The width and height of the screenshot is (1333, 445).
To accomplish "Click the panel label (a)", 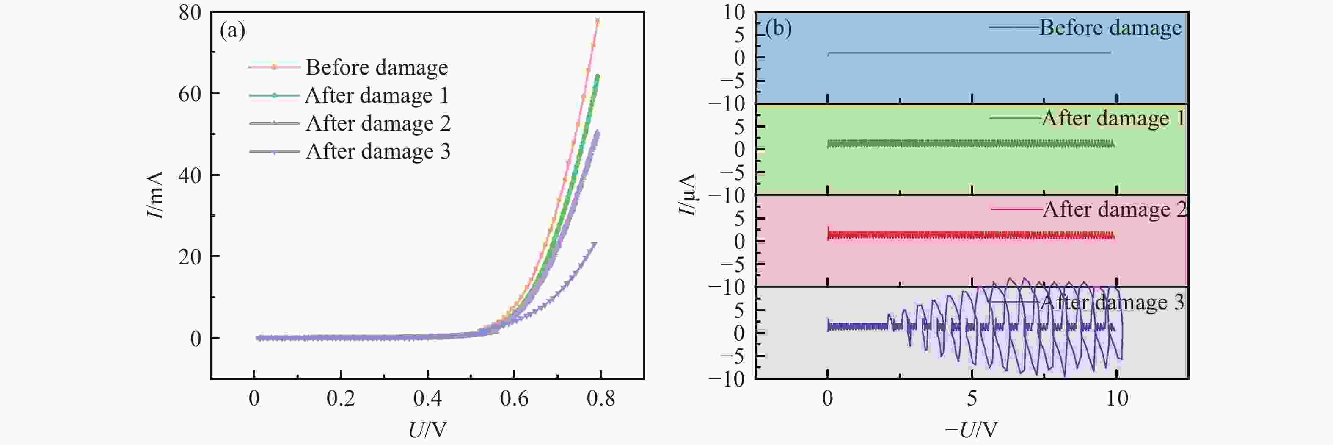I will (232, 31).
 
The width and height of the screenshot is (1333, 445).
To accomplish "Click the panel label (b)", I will (778, 28).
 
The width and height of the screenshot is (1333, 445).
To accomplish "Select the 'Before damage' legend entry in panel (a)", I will (376, 67).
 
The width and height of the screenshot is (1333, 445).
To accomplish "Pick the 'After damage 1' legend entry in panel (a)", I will (376, 95).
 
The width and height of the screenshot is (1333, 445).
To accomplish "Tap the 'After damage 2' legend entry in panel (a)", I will (378, 123).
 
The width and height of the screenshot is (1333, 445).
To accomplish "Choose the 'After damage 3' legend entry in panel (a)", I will (378, 151).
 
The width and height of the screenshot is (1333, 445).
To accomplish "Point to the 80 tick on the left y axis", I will (190, 12).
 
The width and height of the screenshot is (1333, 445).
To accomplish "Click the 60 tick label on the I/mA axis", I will (190, 94).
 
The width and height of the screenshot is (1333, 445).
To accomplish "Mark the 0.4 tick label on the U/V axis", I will (427, 398).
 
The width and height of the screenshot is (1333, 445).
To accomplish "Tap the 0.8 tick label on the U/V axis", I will (601, 398).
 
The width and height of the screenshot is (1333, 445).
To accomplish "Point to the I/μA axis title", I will (688, 195).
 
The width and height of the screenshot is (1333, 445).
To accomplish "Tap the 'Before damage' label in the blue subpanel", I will (1110, 28).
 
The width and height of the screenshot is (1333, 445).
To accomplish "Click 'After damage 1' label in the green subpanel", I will (1113, 119).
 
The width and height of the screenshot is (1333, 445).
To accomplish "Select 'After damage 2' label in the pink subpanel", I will (1115, 210).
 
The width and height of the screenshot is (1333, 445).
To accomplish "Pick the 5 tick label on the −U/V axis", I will (972, 398).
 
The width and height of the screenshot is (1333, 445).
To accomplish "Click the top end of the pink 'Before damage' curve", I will (598, 21).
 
